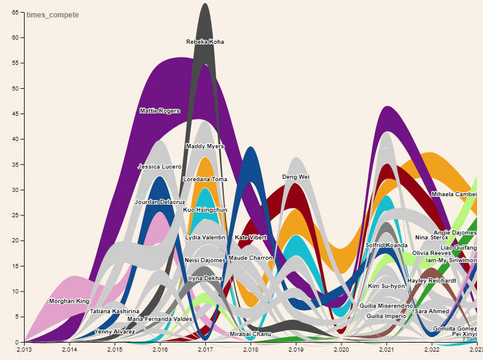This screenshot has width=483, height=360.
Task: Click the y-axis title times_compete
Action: (x=52, y=15)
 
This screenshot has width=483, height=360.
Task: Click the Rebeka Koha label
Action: (x=205, y=42)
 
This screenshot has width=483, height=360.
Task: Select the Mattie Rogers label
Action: (x=160, y=111)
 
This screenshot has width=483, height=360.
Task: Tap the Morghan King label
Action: (x=69, y=301)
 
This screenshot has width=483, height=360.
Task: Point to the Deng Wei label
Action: (x=296, y=177)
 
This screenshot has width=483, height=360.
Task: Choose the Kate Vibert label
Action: (x=251, y=238)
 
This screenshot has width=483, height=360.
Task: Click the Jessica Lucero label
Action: (x=160, y=167)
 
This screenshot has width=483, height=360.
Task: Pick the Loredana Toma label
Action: (x=205, y=179)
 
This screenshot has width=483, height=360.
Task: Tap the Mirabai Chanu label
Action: (x=251, y=334)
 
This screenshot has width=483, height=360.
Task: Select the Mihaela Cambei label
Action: (x=454, y=194)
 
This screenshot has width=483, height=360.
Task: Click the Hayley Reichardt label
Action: (x=432, y=281)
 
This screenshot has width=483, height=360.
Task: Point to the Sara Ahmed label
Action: (x=432, y=311)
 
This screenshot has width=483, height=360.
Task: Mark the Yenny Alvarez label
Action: (x=115, y=332)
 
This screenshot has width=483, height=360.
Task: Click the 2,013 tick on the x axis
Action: (x=24, y=349)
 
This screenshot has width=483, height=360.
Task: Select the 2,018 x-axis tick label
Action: (x=251, y=349)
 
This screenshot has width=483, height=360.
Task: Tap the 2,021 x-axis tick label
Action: (x=387, y=349)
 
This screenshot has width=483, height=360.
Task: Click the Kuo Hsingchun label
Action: (x=205, y=210)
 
